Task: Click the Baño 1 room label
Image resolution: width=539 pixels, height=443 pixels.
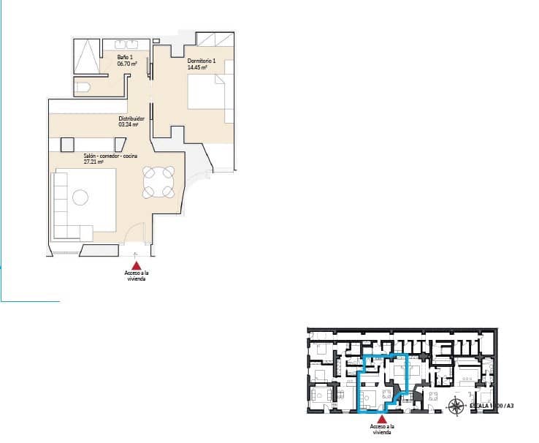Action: [124, 56]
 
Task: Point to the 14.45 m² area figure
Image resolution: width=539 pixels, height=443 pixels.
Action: [197, 67]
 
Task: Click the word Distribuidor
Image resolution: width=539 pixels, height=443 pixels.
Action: [131, 118]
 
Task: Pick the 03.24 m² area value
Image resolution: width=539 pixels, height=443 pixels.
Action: [129, 124]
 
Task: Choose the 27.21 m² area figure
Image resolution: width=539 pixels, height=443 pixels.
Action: [94, 162]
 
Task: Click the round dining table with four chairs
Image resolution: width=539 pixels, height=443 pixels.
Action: [158, 182]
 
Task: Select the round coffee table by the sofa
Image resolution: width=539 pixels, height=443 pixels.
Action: [80, 197]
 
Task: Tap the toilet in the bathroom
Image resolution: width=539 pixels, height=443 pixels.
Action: [83, 88]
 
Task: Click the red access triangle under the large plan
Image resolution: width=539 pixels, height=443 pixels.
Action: [137, 268]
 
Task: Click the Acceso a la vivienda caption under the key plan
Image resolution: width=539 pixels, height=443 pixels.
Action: [382, 428]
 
